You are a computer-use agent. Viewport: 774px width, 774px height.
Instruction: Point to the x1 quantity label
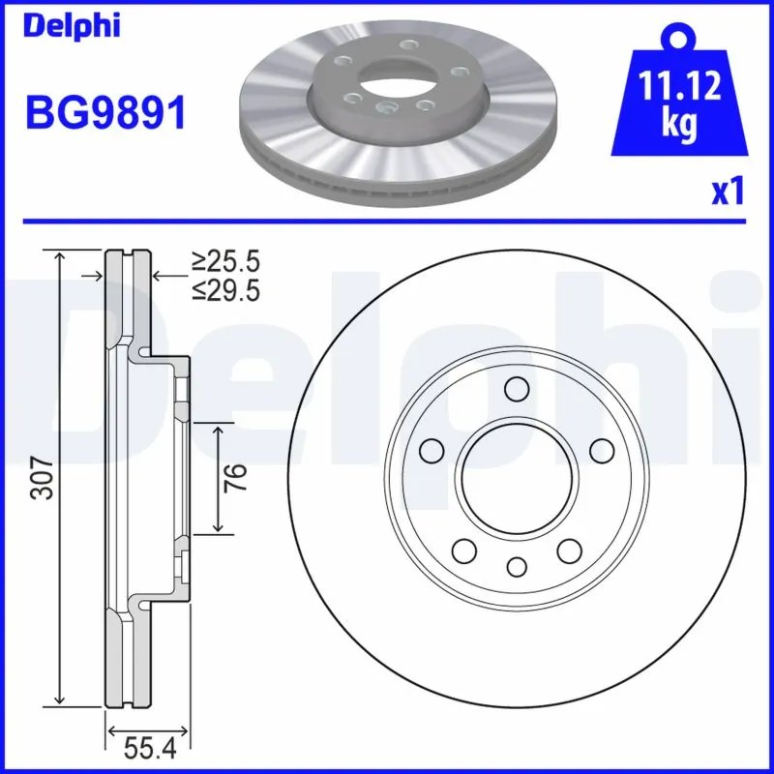[x=728, y=192]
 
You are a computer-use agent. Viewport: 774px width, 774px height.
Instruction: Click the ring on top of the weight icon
[x=677, y=36]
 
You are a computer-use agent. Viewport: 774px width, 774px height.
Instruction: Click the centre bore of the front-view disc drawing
[x=516, y=478]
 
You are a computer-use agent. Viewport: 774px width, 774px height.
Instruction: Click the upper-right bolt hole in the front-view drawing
[x=601, y=451]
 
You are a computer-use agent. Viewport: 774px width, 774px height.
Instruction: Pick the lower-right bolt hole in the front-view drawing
[x=568, y=551]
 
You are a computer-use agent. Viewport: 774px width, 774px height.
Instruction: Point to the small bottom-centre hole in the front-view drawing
[x=516, y=566]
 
